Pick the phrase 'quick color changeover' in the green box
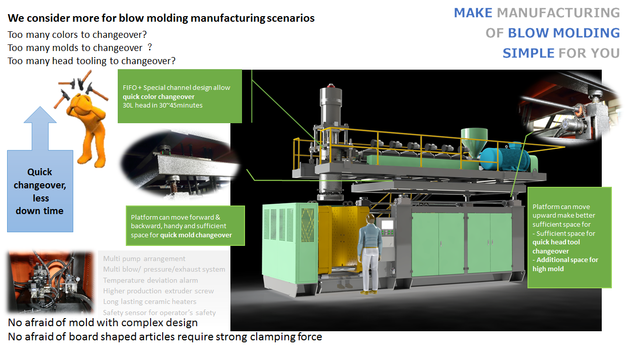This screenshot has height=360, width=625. (159, 96)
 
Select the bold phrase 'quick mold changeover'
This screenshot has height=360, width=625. (196, 235)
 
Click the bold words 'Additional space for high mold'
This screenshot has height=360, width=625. (565, 264)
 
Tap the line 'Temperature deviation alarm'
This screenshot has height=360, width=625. (151, 280)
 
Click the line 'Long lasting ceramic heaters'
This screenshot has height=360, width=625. (150, 301)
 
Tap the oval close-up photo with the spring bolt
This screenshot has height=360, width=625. (179, 162)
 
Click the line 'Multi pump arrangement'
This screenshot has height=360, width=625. (144, 259)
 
